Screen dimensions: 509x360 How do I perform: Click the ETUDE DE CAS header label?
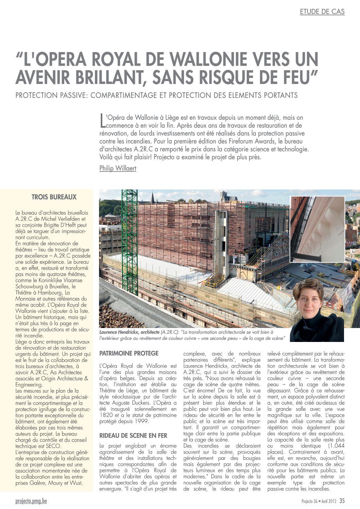click(322, 12)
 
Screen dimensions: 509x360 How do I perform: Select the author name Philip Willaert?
click(118, 168)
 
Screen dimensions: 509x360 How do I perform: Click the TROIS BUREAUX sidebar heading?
click(54, 197)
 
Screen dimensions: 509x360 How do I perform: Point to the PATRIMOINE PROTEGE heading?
click(129, 354)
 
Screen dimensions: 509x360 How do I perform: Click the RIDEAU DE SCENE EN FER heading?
click(133, 436)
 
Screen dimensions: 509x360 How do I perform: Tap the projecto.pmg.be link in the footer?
click(31, 501)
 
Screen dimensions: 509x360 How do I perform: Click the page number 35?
click(342, 501)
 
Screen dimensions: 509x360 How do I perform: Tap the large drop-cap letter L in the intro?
click(102, 121)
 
